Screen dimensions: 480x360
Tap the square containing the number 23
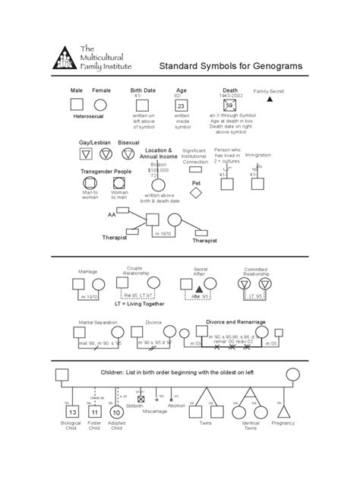click(x=181, y=106)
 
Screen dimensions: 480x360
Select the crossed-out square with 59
click(x=229, y=106)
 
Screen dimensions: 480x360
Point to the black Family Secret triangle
click(x=269, y=99)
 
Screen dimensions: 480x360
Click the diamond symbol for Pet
click(x=196, y=193)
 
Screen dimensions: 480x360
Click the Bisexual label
click(x=128, y=142)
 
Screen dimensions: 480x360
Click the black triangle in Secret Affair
click(x=200, y=290)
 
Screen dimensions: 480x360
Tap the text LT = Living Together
click(x=139, y=303)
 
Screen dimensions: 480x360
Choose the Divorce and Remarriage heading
click(x=235, y=321)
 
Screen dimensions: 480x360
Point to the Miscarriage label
click(x=155, y=411)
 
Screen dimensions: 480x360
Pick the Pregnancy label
click(x=283, y=422)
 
